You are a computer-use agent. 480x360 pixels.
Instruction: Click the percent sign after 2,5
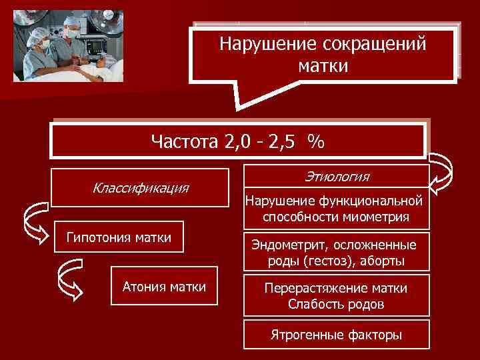click(x=316, y=141)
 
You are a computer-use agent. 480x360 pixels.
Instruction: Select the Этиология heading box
click(x=337, y=177)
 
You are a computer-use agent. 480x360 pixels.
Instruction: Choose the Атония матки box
click(x=164, y=287)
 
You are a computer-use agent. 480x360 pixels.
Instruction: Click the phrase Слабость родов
click(x=336, y=305)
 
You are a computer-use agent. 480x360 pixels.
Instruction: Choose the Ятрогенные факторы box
click(x=336, y=335)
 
